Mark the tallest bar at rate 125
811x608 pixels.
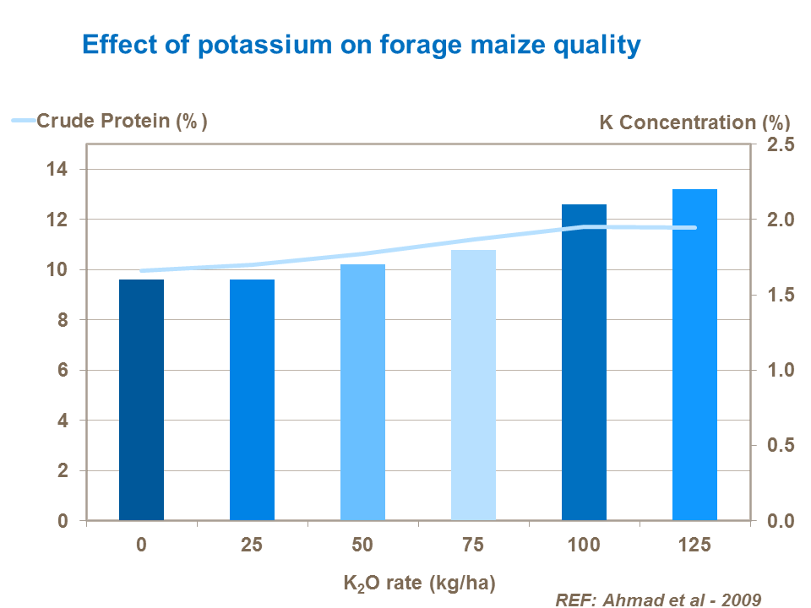point(694,354)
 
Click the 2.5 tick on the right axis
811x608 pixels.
point(780,145)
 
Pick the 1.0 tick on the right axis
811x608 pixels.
point(780,370)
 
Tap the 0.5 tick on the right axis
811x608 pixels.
point(780,445)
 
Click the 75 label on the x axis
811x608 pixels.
point(473,545)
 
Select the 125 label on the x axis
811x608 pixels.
point(694,545)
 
